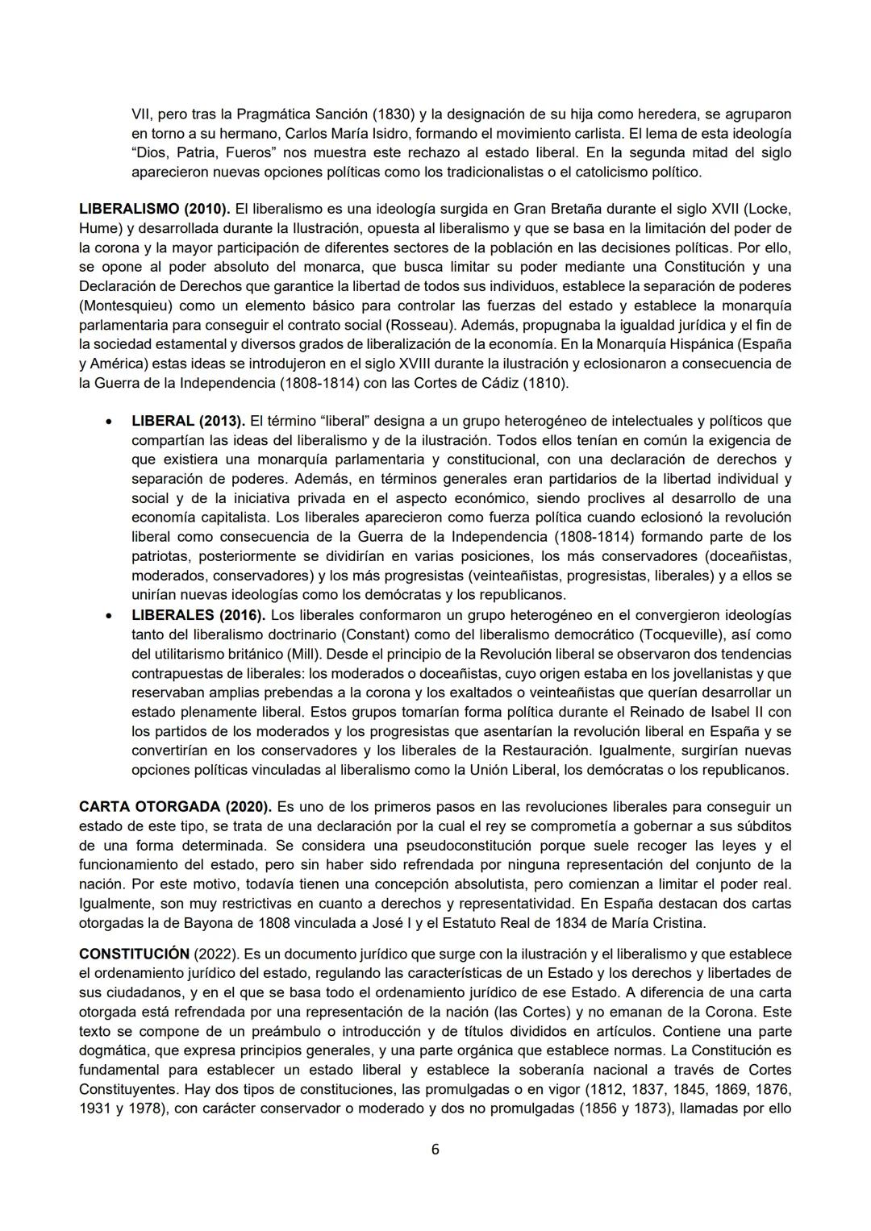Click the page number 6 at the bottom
tap(435, 1149)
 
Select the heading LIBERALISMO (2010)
tap(154, 209)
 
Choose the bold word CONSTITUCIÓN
tap(134, 954)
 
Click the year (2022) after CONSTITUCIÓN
tap(215, 954)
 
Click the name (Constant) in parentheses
tap(387, 634)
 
